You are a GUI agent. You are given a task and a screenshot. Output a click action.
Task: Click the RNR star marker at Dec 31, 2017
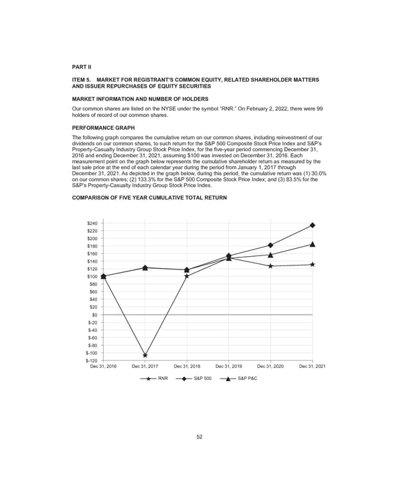tap(145, 355)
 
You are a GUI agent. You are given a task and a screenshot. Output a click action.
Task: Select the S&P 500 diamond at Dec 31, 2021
tap(313, 226)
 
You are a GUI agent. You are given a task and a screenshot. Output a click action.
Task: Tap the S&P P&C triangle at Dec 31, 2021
tap(313, 244)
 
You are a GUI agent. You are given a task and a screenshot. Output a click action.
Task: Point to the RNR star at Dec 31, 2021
tap(313, 264)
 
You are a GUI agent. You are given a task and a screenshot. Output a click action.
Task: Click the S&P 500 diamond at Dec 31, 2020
tap(271, 245)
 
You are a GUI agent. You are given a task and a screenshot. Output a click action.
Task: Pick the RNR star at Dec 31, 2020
tap(271, 266)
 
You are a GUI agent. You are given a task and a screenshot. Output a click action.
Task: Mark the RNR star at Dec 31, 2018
tap(187, 275)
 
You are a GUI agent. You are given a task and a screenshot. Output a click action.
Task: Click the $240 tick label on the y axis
tap(92, 224)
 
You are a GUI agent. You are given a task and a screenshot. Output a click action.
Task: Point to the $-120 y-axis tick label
tap(91, 361)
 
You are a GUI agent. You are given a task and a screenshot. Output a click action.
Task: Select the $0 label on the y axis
tap(94, 315)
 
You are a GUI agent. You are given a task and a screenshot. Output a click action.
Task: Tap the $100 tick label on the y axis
tap(92, 277)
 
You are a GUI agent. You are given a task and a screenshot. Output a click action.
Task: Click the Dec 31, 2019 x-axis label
tap(229, 367)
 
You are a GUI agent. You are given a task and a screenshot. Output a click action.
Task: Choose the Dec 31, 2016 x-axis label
tap(103, 367)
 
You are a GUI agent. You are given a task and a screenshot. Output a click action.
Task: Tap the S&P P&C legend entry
tap(237, 379)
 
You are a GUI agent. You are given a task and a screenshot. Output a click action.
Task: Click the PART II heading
tap(82, 66)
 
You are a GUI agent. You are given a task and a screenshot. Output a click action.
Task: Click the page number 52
tap(199, 436)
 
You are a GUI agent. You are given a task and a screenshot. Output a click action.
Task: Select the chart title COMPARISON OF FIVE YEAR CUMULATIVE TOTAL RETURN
tap(149, 199)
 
